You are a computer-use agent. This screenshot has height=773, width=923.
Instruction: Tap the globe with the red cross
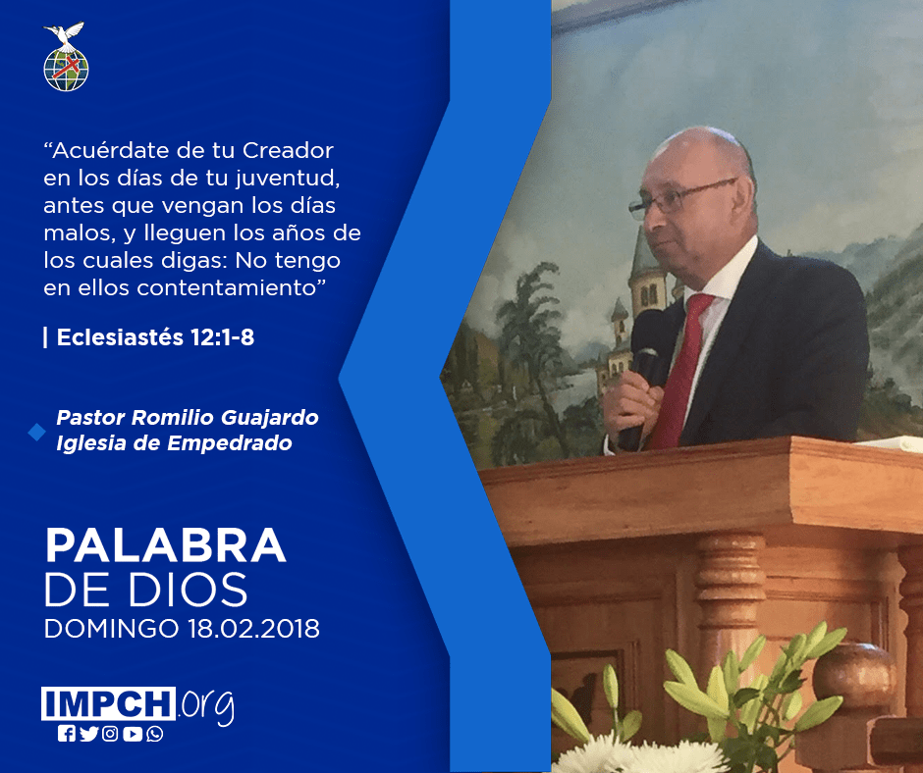(66, 70)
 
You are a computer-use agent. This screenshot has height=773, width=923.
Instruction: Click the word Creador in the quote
(288, 151)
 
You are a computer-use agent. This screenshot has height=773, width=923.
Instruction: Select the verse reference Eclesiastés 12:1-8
(155, 337)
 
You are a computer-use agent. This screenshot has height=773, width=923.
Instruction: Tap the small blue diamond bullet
(36, 432)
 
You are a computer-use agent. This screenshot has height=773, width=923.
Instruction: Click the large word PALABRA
(165, 546)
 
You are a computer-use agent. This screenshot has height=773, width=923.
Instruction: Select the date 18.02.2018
(253, 628)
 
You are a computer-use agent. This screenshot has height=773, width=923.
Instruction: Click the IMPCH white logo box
(108, 703)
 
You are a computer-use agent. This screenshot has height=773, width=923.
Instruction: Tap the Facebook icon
(67, 734)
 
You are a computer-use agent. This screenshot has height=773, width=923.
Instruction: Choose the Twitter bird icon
(89, 734)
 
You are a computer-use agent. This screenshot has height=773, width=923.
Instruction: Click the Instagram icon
(110, 734)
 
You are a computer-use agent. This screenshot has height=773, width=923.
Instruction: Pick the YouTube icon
(133, 734)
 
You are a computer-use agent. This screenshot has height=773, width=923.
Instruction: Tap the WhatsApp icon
(155, 734)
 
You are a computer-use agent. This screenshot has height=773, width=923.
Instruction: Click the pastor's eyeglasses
(677, 199)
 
